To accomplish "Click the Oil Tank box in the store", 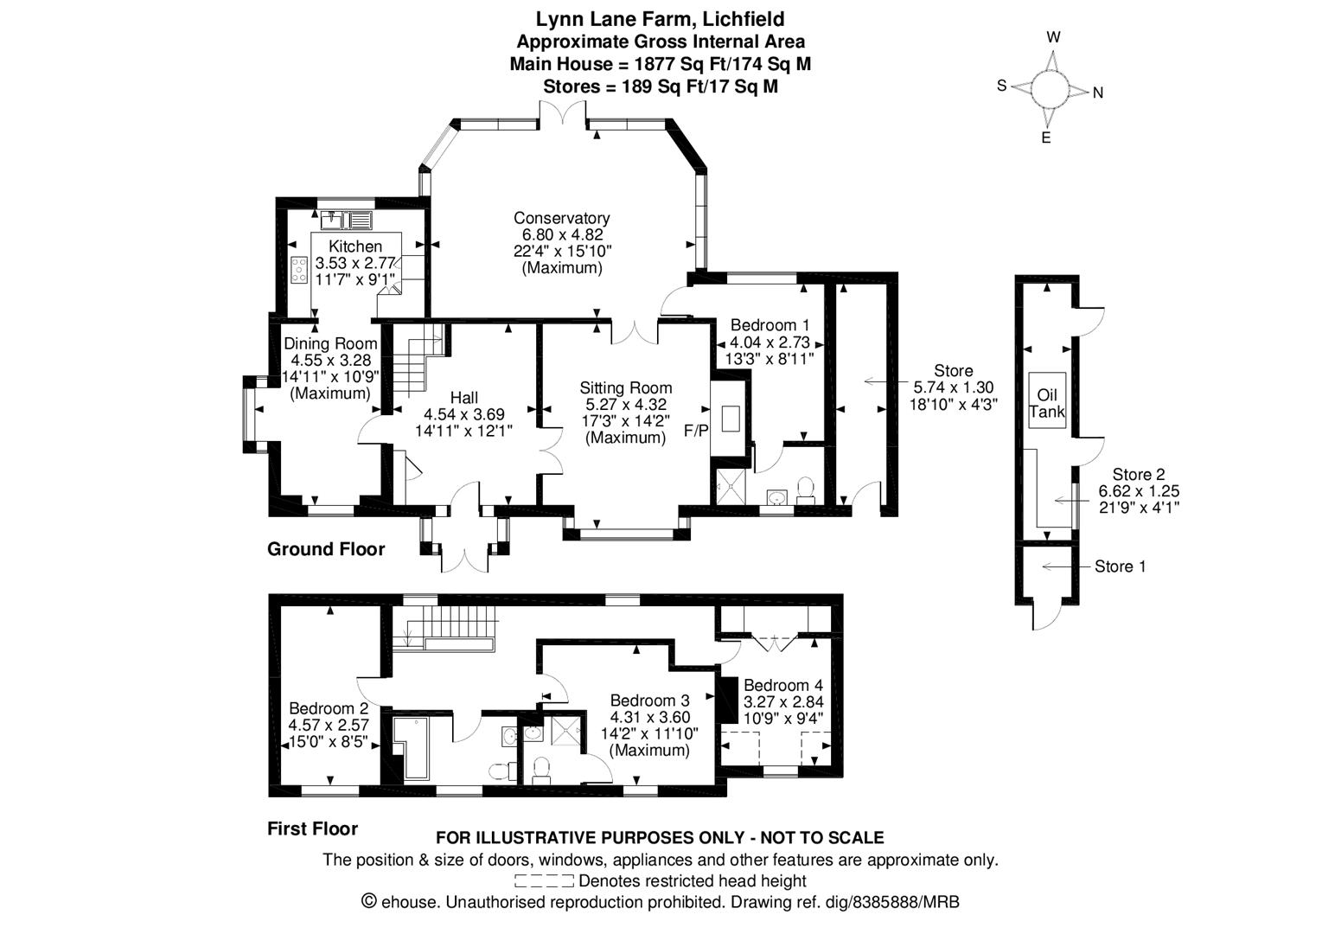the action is [x=1048, y=400].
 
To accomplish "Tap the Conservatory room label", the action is [x=561, y=218].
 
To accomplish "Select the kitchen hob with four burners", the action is [x=299, y=270].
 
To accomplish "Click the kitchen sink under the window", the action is [x=347, y=220].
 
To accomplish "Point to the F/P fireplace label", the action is [x=696, y=431].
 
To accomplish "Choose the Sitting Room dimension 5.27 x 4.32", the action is [x=626, y=405].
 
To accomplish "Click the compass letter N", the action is [x=1098, y=93].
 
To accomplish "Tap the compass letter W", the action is [x=1053, y=37].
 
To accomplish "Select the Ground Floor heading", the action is [x=326, y=549].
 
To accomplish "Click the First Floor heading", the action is [x=313, y=828].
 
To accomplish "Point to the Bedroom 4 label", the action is [x=783, y=686].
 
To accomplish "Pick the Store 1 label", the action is [x=1121, y=566].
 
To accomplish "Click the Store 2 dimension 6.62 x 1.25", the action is [x=1139, y=490].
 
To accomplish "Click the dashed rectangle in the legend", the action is [x=544, y=881].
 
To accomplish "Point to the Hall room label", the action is [x=464, y=398].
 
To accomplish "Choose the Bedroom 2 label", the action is [x=329, y=708].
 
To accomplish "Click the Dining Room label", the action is [x=330, y=343].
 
